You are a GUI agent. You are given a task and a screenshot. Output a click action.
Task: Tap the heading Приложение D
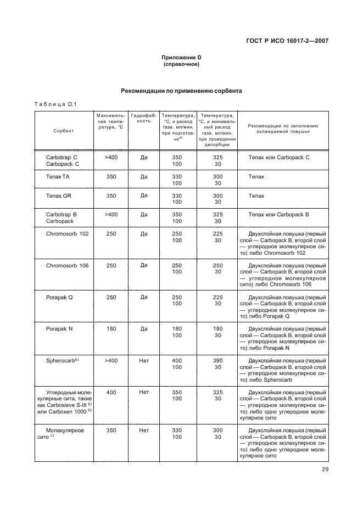coord(181,58)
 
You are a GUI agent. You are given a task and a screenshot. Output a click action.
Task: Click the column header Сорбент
coord(64,131)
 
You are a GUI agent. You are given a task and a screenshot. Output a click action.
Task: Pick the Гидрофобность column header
coord(144,119)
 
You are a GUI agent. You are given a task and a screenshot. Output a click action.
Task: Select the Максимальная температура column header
coord(111,121)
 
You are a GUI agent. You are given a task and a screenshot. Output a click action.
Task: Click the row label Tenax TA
coord(58,177)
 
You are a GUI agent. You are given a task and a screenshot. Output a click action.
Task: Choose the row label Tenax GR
coord(59,196)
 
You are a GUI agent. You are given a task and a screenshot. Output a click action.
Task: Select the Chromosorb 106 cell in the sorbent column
coord(68,265)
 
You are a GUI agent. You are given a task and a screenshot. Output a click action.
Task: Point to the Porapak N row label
coord(62,329)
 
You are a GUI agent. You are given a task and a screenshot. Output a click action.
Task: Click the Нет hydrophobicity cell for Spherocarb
coord(144,360)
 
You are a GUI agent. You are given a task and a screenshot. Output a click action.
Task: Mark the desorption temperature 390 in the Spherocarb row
coord(218,360)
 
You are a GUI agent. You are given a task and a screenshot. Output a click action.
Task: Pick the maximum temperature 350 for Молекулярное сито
coord(111,431)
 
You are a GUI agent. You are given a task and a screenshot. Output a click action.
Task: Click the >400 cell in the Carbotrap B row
coord(111,215)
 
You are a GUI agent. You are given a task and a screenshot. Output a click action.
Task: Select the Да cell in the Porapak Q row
coord(144,297)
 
